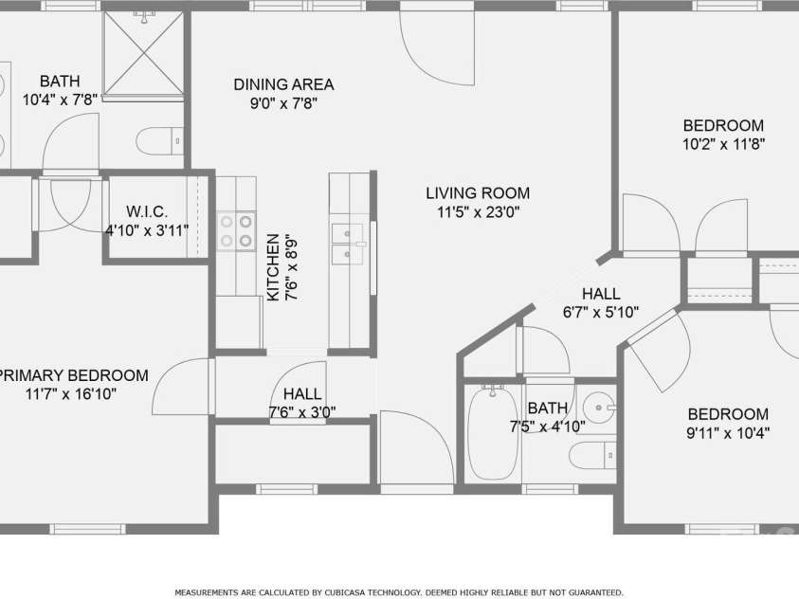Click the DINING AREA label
pos(283,84)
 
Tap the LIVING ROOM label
pos(477,192)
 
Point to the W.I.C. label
pos(147,211)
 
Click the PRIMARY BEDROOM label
pos(74,374)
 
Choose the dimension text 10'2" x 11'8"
pos(723,144)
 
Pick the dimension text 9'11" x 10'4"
pos(728,433)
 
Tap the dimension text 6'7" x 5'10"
pos(601,312)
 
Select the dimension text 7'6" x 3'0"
pos(302,411)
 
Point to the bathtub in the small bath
pos(492,432)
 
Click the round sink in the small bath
pos(599,409)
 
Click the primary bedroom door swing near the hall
pos(180,387)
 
